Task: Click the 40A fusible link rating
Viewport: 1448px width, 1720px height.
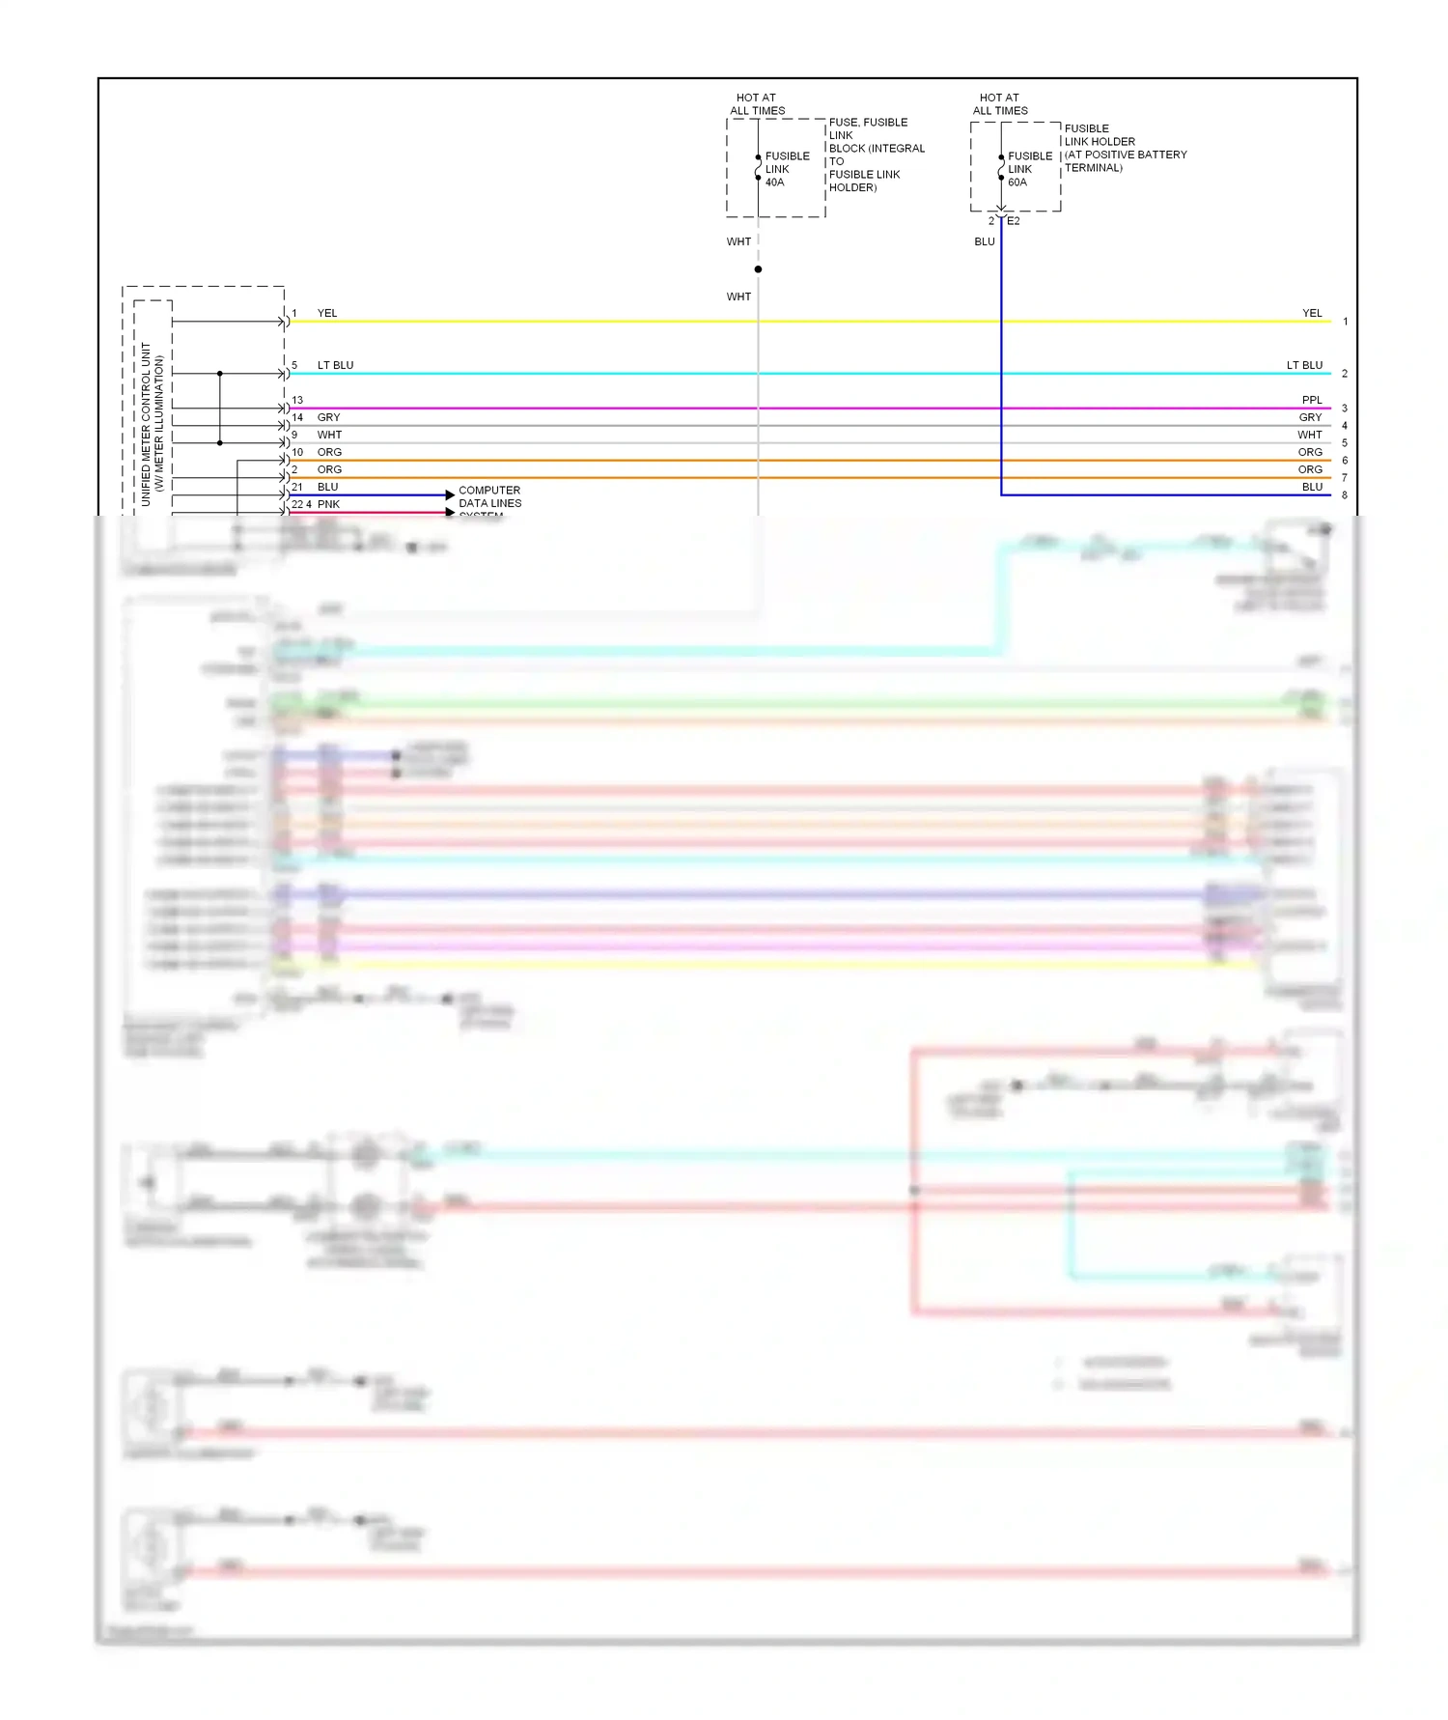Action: [774, 183]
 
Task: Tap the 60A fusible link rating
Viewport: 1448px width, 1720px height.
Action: [1017, 183]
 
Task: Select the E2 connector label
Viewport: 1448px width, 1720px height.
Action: [1014, 221]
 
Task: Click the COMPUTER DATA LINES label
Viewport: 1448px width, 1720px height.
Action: [489, 496]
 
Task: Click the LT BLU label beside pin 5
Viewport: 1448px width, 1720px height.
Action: [335, 365]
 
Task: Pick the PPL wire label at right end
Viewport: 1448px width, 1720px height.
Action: [1312, 400]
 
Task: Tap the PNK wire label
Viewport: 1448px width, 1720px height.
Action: [328, 504]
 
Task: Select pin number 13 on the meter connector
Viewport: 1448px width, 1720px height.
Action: [297, 400]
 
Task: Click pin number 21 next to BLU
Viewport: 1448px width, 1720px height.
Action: [297, 487]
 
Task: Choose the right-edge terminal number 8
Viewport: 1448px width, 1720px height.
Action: [1345, 495]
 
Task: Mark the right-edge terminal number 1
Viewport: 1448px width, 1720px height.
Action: [1345, 322]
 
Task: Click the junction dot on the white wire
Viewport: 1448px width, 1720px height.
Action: [758, 269]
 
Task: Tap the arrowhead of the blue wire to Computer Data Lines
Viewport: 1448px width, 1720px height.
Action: [450, 495]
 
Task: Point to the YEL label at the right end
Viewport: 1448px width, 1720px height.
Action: [1312, 313]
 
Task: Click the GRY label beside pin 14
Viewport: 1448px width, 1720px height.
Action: [328, 417]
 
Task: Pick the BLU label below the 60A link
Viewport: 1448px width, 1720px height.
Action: [985, 241]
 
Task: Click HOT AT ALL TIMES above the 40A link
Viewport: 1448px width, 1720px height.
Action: [757, 104]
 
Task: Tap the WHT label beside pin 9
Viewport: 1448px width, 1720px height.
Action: [329, 435]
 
